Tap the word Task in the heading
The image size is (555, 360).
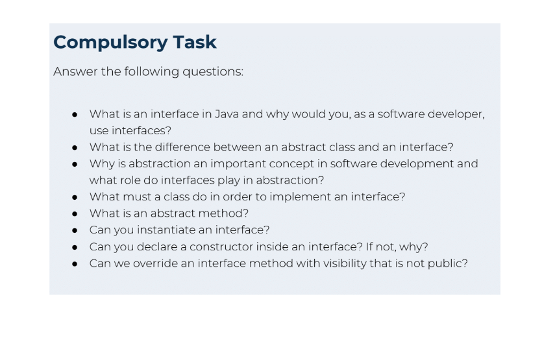click(194, 42)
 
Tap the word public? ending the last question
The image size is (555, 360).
click(447, 263)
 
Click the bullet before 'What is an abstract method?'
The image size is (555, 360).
click(75, 213)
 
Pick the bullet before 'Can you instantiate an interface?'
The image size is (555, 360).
click(75, 230)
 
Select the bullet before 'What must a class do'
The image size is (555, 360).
click(75, 197)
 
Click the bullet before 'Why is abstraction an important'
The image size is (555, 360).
click(75, 164)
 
